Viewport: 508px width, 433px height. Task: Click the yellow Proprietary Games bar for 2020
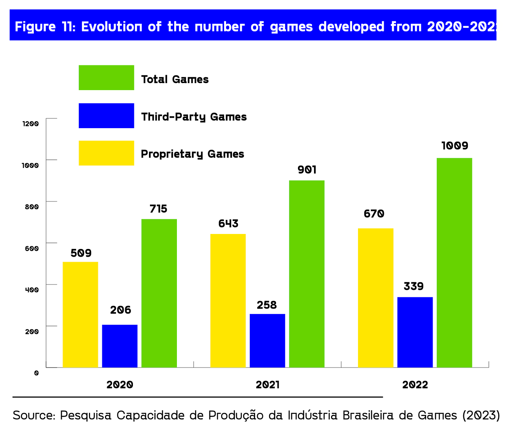[x=80, y=314]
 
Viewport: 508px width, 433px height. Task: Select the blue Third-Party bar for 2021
[x=267, y=340]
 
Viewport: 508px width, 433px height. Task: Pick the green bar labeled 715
[x=159, y=293]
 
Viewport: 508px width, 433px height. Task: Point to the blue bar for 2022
[x=415, y=332]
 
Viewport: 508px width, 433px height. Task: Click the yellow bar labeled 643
[x=228, y=300]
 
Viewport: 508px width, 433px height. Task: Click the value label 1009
[x=454, y=146]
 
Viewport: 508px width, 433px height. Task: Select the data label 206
[x=120, y=310]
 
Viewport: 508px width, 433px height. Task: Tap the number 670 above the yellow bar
[x=374, y=214]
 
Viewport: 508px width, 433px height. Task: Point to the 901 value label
[x=307, y=170]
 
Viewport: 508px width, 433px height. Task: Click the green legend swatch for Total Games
[x=106, y=78]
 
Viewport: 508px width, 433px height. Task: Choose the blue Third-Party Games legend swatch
[x=106, y=116]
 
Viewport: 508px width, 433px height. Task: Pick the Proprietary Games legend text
[x=192, y=154]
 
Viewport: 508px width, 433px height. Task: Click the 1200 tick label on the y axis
[x=30, y=124]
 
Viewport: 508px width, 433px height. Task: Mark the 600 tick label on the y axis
[x=31, y=248]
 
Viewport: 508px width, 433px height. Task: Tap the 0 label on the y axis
[x=36, y=373]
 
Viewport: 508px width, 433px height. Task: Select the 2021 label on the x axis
[x=267, y=385]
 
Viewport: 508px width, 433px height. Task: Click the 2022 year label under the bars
[x=415, y=385]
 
